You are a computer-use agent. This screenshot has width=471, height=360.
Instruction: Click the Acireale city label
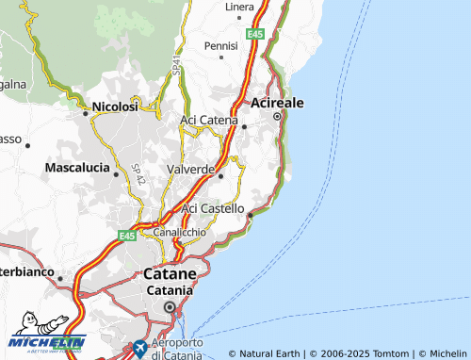click(277, 102)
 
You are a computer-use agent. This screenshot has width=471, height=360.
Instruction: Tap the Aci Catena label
click(208, 120)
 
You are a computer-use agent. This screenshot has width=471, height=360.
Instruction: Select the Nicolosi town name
click(115, 106)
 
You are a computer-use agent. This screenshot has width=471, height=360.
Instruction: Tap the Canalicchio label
click(180, 231)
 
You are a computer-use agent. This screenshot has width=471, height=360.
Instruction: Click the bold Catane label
click(170, 273)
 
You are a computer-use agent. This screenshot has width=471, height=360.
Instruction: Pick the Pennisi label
click(220, 45)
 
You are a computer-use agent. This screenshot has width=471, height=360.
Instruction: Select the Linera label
click(239, 7)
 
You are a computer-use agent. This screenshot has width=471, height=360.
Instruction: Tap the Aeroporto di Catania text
click(175, 350)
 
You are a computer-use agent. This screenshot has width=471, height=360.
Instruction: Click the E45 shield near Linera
click(254, 33)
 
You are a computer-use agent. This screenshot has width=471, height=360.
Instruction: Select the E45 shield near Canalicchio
click(127, 235)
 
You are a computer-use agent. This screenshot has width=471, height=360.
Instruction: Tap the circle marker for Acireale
click(277, 116)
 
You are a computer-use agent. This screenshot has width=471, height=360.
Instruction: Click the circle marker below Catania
click(170, 306)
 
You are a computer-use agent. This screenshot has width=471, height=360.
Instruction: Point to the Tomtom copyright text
click(358, 353)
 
